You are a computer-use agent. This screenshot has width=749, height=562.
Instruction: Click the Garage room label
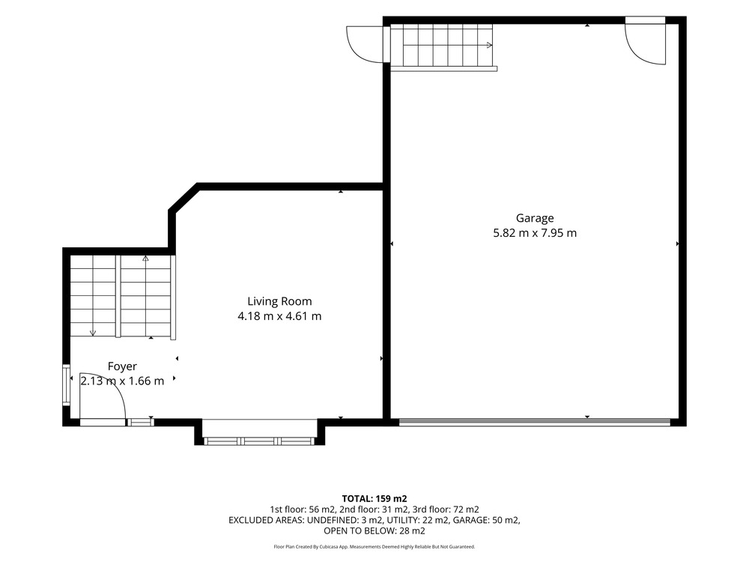(535, 218)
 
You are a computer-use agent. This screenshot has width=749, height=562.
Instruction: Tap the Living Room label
(279, 301)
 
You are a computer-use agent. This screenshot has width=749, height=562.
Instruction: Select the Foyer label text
(122, 366)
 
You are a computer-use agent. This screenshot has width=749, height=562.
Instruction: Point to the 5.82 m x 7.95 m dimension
(535, 233)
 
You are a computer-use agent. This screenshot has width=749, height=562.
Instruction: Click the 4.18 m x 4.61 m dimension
(279, 316)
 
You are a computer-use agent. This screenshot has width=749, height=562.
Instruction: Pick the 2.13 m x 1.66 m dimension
(122, 381)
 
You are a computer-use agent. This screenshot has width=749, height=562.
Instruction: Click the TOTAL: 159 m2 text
(374, 499)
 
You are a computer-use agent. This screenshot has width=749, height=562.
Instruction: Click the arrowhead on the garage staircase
(489, 46)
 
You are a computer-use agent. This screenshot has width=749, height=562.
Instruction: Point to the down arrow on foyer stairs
(93, 333)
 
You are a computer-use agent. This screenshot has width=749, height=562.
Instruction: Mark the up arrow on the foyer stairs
(145, 259)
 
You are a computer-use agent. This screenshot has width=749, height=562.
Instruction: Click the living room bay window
(259, 441)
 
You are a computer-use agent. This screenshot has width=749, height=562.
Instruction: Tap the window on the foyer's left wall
(67, 385)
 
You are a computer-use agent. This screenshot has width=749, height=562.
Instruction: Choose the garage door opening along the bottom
(535, 421)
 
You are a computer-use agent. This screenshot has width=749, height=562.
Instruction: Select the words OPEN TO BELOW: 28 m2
(374, 531)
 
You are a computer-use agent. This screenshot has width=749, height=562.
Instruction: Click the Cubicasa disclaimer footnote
(374, 547)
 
